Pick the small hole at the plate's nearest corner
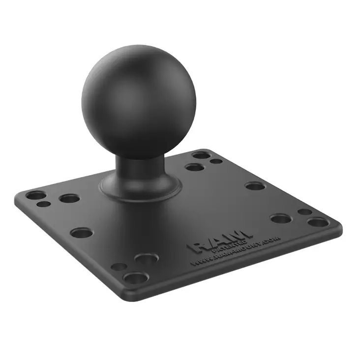click(x=119, y=267)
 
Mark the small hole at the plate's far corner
click(x=216, y=161)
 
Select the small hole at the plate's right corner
click(x=304, y=212)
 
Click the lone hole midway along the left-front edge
click(x=81, y=233)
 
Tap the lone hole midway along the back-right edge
click(x=255, y=186)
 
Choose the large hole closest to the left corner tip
click(x=35, y=195)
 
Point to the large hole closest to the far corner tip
click(x=201, y=155)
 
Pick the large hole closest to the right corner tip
click(x=318, y=222)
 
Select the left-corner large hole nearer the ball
click(x=69, y=198)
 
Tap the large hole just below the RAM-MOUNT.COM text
click(x=146, y=258)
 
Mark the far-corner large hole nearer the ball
click(x=195, y=167)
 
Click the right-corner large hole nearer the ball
click(x=280, y=218)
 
